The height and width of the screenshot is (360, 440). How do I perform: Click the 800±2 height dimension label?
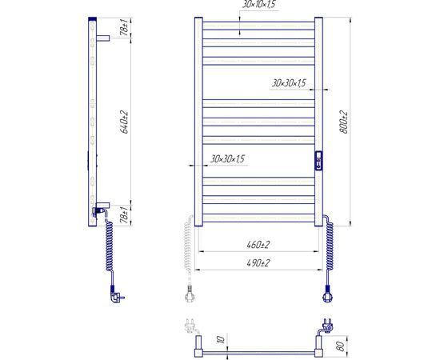click(344, 122)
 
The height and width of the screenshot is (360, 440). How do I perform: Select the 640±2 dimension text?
click(124, 122)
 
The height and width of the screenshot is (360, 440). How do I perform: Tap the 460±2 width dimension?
click(258, 245)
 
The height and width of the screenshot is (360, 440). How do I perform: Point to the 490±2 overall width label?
click(258, 263)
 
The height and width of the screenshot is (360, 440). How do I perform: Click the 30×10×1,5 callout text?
click(258, 4)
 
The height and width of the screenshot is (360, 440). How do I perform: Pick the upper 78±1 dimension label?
click(124, 27)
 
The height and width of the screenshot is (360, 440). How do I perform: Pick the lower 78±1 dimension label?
click(124, 214)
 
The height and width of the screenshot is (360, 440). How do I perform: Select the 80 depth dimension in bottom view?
click(340, 346)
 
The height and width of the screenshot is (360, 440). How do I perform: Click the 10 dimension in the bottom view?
click(222, 339)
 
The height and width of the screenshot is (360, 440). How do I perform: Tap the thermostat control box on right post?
click(318, 161)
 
